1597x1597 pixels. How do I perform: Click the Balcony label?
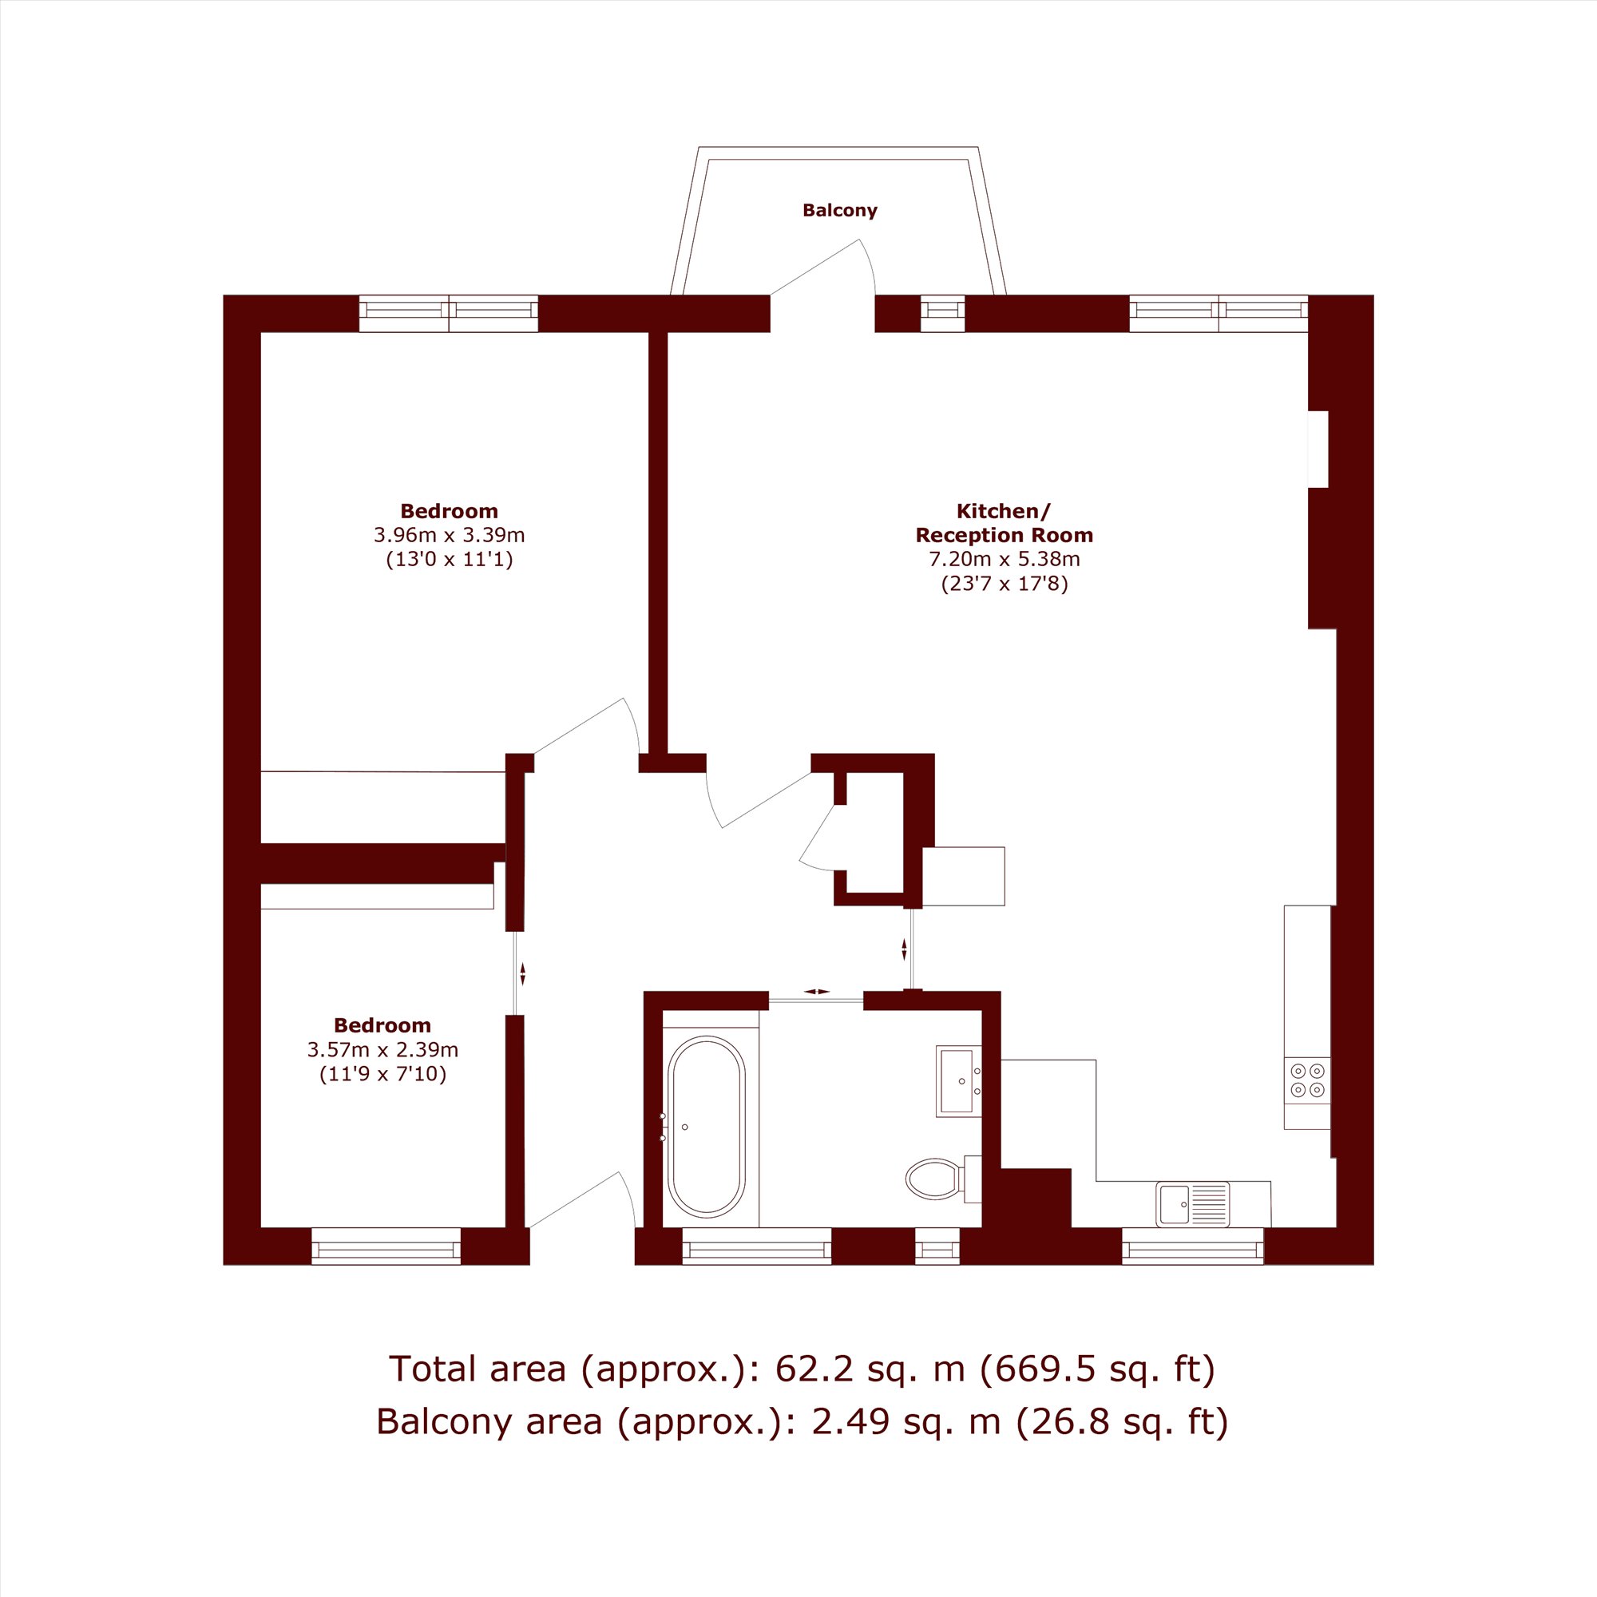(840, 210)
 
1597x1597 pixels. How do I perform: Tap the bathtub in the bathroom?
(706, 1126)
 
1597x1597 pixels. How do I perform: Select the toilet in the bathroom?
(943, 1179)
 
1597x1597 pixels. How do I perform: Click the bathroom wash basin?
(959, 1081)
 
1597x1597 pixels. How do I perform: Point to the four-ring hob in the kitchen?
(1307, 1080)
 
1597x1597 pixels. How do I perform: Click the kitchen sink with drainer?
(1193, 1204)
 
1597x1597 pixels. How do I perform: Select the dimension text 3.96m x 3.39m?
(449, 535)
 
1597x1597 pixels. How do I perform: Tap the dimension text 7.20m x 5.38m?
(1005, 559)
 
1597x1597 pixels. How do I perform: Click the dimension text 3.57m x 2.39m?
(382, 1050)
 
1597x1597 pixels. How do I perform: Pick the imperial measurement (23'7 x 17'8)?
(1005, 585)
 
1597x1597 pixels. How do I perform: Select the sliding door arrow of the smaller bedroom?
(522, 973)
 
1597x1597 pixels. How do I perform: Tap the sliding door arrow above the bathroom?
(816, 991)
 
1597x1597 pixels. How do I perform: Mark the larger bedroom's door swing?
(633, 724)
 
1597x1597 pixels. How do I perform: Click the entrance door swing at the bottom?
(628, 1197)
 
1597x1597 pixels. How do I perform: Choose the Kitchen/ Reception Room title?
(1005, 523)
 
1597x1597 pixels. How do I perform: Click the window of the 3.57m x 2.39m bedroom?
(386, 1246)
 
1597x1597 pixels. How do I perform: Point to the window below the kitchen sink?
(1193, 1246)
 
